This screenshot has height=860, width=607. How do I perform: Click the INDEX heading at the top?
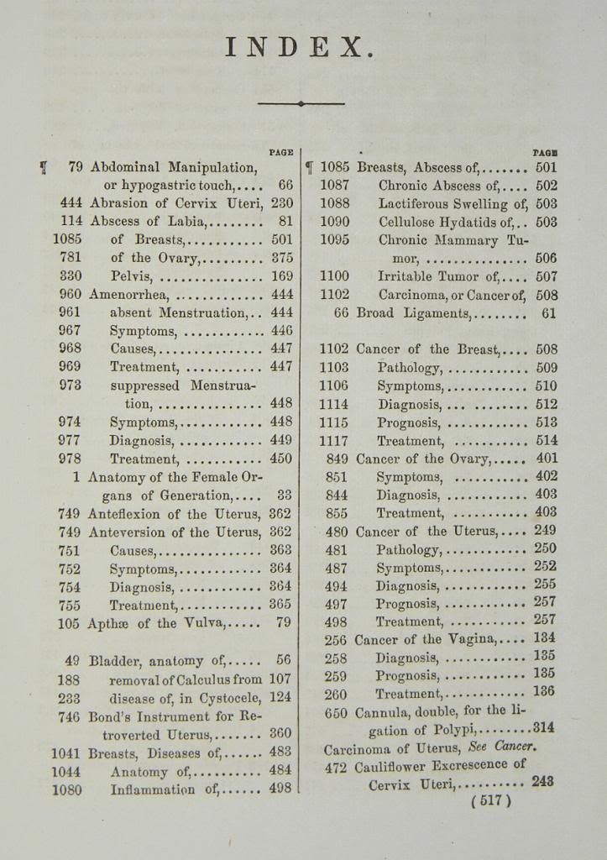coord(298,47)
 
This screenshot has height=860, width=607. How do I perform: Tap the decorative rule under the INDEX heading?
coord(301,103)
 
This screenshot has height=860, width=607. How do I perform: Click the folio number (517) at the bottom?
coord(491,800)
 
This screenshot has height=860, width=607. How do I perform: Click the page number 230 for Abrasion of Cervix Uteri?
coord(282,202)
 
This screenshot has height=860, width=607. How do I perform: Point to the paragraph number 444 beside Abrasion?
coord(71,202)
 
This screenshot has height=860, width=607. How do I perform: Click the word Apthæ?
coord(108,623)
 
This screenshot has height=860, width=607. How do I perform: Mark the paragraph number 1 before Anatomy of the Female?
coord(76,476)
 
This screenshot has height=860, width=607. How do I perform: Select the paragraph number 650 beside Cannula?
coord(336,712)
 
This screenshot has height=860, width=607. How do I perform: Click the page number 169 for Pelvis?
coord(282,275)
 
